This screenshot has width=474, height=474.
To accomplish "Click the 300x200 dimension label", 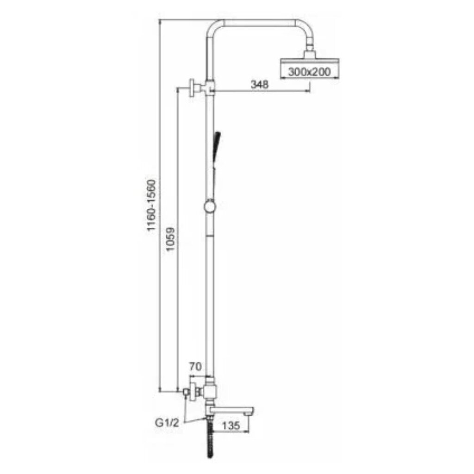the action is click(310, 72).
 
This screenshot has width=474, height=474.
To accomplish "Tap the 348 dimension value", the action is click(260, 84).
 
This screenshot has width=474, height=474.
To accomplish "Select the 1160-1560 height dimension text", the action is click(151, 205).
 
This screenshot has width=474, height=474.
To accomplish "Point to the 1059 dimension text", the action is click(170, 239).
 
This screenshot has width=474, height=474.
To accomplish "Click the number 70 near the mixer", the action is click(195, 367).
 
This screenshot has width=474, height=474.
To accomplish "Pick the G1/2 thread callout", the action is click(167, 423).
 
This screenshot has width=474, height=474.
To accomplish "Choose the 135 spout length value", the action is click(231, 426).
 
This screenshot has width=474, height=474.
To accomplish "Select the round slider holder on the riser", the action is click(210, 207).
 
